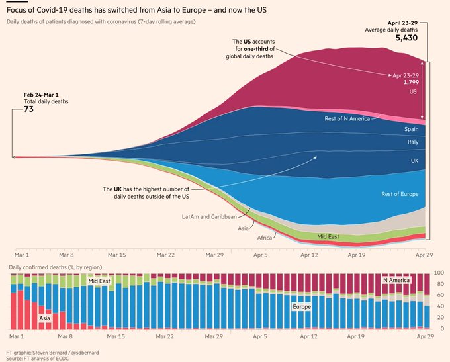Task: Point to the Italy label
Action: point(412,142)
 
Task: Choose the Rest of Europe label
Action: point(400,194)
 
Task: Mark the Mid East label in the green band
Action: point(328,236)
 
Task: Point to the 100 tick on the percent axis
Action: point(438,273)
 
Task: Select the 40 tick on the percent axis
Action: point(438,306)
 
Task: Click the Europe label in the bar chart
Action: point(302,307)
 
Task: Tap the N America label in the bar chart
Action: point(397,281)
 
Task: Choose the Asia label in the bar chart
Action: point(44,318)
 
